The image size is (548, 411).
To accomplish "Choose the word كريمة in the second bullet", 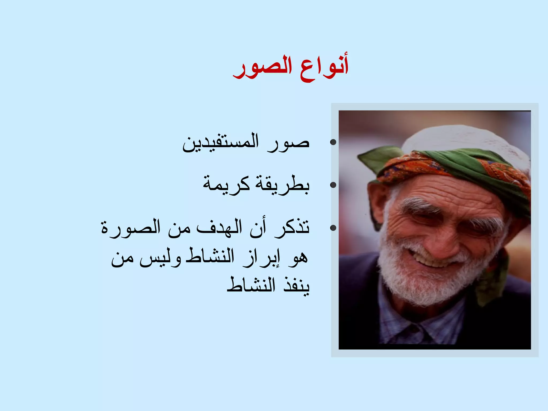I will point(226,185).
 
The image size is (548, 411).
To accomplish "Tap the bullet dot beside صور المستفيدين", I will point(333,142).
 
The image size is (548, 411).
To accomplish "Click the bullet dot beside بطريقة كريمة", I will point(333,185).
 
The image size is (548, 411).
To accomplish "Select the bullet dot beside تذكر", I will point(333,228).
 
